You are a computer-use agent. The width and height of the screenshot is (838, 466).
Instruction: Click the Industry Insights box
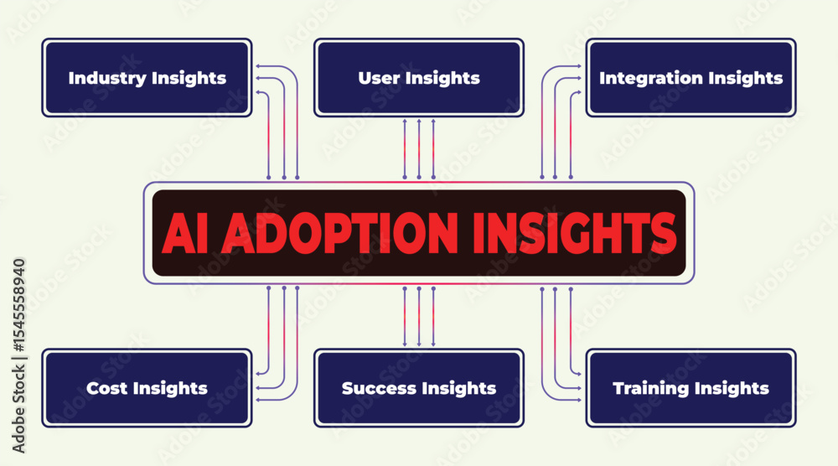point(147,77)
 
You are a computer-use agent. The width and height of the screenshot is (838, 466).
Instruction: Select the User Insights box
point(419,77)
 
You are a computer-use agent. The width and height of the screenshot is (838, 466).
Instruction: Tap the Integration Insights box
point(691,77)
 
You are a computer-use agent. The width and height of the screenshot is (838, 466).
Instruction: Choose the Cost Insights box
point(147,388)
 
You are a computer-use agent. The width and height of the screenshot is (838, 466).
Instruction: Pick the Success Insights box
point(419,388)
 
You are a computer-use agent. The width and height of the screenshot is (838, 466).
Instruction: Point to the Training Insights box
point(691,388)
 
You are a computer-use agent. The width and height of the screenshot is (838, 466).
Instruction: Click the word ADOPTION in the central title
point(340,233)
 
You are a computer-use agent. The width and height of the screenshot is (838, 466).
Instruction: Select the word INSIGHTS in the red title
point(575,233)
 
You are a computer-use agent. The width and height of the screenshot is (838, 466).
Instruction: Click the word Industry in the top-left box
point(107,78)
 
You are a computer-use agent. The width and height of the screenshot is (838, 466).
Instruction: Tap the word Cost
point(107,388)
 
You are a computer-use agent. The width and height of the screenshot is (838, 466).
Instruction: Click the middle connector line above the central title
point(419,148)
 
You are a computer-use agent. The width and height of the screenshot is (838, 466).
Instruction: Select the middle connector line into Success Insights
point(419,316)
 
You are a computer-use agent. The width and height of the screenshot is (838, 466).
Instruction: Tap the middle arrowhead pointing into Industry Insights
point(258,78)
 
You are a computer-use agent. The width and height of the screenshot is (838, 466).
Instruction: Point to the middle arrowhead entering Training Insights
point(578,389)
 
